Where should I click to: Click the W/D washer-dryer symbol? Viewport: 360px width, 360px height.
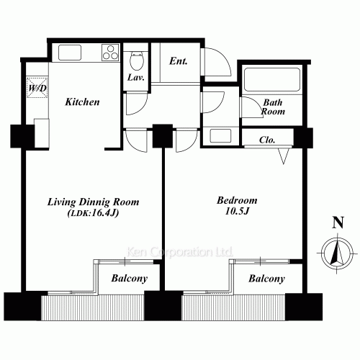(37, 89)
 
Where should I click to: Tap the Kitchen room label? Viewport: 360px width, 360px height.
(82, 102)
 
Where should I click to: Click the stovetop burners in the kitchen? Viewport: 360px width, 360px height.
(110, 53)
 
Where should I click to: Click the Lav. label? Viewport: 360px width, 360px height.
(135, 76)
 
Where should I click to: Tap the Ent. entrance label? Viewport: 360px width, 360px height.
(179, 61)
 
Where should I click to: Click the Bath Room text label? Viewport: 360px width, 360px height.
(273, 107)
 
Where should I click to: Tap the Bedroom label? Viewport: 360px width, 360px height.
(237, 200)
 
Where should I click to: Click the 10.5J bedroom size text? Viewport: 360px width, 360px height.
(237, 212)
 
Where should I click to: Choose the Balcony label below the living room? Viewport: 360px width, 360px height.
(130, 278)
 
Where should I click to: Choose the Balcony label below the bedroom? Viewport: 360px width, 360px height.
(266, 278)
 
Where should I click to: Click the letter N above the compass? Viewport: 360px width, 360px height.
(336, 222)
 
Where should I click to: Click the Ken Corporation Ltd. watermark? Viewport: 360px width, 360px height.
(179, 252)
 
